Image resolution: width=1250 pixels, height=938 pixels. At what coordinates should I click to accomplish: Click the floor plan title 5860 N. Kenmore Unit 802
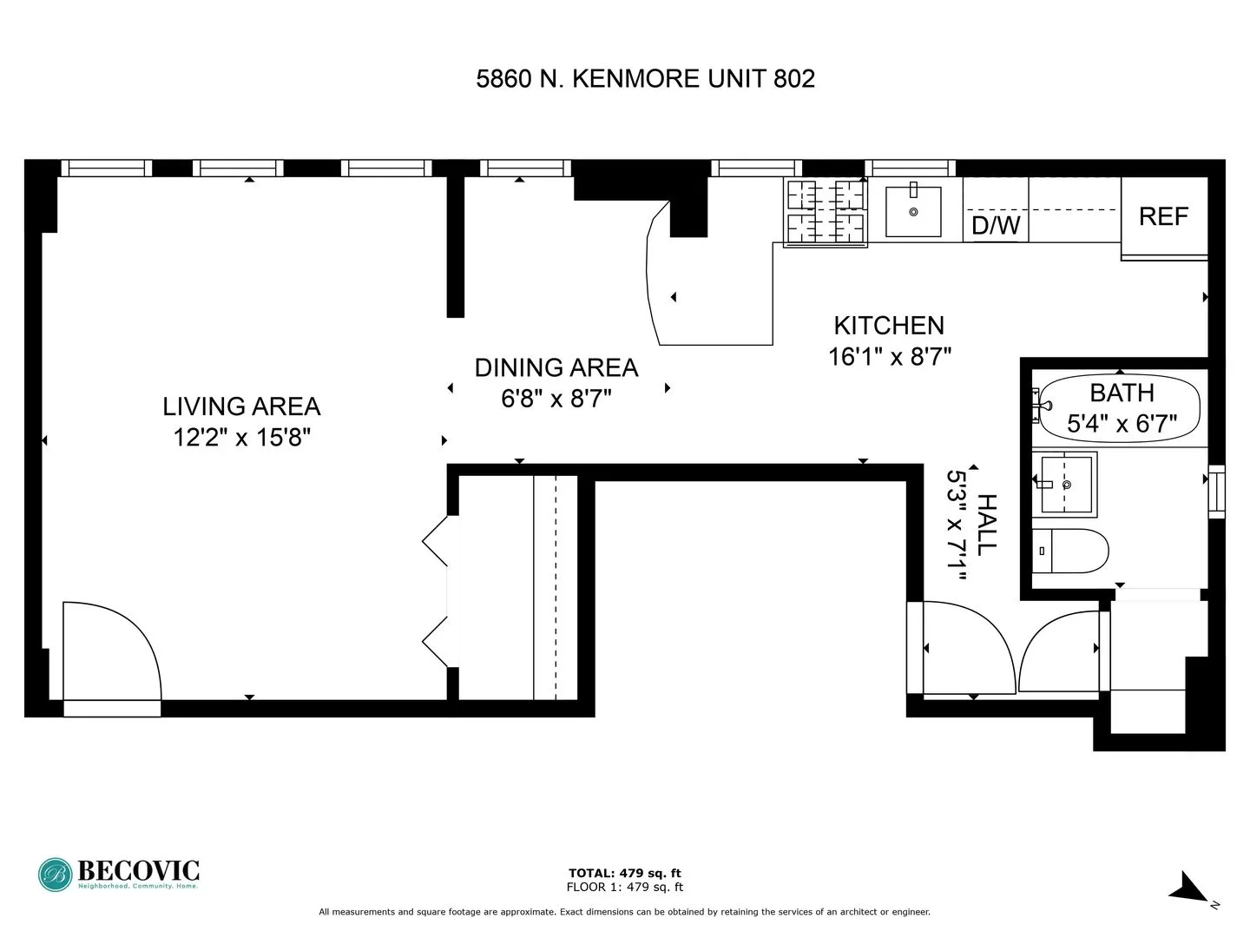[x=645, y=79]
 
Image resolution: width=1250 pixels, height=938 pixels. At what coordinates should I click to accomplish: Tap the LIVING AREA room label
[x=241, y=406]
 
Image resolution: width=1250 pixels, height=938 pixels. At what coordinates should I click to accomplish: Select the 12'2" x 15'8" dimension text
[x=241, y=437]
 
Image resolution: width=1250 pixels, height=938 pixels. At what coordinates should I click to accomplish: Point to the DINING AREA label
[x=556, y=368]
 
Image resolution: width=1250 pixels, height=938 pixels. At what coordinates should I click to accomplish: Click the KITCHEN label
[x=889, y=326]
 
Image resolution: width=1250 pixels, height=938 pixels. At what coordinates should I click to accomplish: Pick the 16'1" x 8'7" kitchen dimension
[x=890, y=357]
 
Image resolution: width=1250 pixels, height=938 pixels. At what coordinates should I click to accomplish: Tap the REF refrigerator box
[x=1163, y=216]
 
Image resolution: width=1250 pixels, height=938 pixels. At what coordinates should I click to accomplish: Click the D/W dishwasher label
[x=996, y=226]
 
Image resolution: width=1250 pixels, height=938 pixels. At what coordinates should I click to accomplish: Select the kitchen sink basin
[x=913, y=211]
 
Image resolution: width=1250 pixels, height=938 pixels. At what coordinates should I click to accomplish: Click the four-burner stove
[x=826, y=212]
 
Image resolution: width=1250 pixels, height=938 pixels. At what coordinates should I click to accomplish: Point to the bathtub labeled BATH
[x=1121, y=408]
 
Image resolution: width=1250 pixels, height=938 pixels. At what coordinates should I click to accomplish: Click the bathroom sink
[x=1064, y=484]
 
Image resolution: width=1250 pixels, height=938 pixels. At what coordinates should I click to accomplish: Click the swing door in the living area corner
[x=109, y=651]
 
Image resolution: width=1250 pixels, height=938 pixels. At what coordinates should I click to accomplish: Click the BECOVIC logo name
[x=138, y=870]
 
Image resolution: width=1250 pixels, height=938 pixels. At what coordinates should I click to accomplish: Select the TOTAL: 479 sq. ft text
[x=624, y=873]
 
